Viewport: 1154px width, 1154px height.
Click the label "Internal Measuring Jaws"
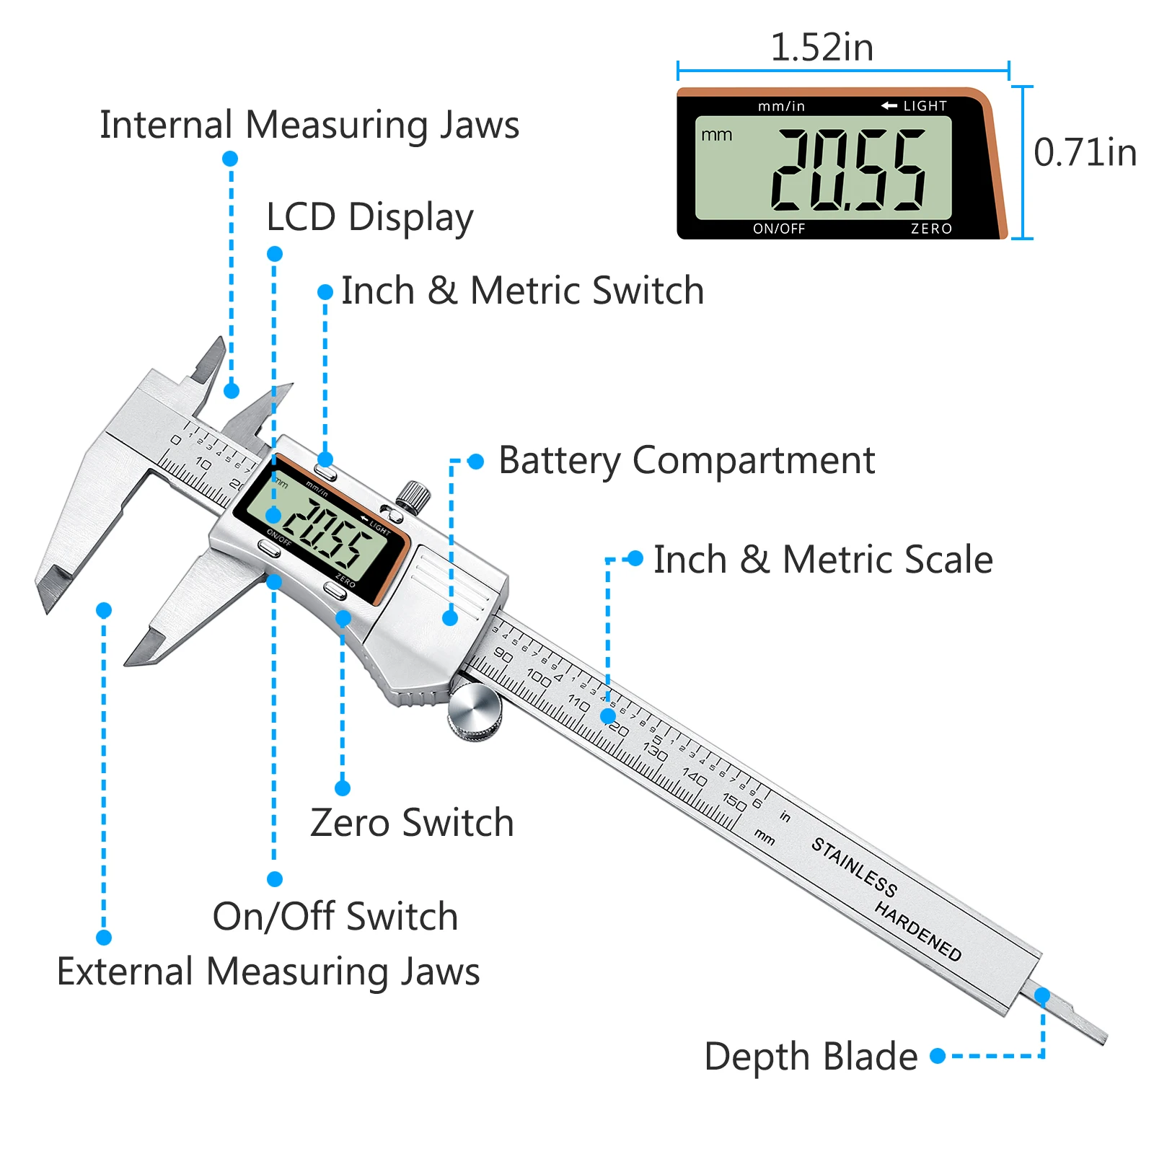(x=309, y=125)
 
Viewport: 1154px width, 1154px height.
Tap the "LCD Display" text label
(x=369, y=217)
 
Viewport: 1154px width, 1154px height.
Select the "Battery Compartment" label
(x=686, y=460)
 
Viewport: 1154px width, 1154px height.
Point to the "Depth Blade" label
(x=810, y=1057)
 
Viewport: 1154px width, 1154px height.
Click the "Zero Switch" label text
(x=412, y=823)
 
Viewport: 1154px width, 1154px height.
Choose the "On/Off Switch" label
(x=335, y=917)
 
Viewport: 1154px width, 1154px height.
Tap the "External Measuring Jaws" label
(x=268, y=972)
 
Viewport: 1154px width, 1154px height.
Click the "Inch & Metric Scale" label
(x=823, y=560)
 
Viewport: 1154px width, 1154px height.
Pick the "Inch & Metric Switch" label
(x=522, y=291)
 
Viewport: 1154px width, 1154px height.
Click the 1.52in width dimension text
(x=822, y=48)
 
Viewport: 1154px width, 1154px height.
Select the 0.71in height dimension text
(x=1085, y=153)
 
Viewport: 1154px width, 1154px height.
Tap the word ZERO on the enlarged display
(x=931, y=229)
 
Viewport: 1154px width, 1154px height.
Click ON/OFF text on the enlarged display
(x=779, y=229)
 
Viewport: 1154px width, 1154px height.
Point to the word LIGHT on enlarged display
(x=925, y=106)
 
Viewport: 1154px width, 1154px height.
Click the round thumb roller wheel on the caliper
(x=474, y=711)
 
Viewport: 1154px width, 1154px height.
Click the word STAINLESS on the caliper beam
(x=854, y=867)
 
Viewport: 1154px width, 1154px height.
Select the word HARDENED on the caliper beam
(x=917, y=931)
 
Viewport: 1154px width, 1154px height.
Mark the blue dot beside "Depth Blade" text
(x=938, y=1057)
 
